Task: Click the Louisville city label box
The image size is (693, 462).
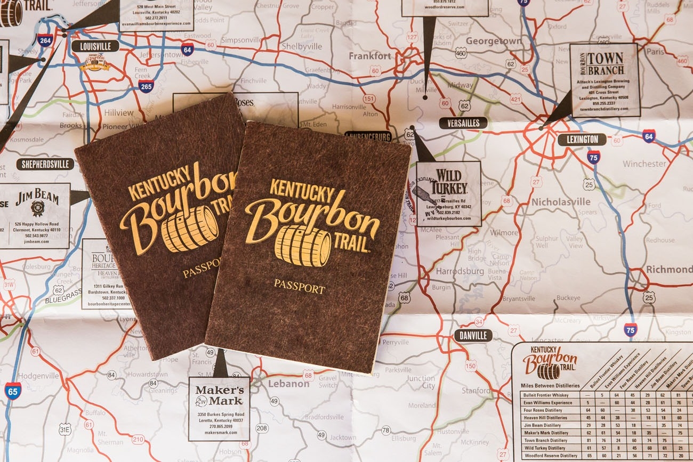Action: pyautogui.click(x=95, y=46)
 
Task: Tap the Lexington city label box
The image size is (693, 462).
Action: pyautogui.click(x=582, y=140)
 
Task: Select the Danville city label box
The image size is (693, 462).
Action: pyautogui.click(x=473, y=335)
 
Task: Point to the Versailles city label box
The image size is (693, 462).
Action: pyautogui.click(x=463, y=123)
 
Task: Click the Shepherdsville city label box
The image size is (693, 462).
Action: pyautogui.click(x=45, y=164)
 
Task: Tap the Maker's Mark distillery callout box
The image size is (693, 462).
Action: pyautogui.click(x=219, y=408)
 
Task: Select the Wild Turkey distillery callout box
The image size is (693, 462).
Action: pyautogui.click(x=448, y=193)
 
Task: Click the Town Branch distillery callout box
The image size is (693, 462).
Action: pyautogui.click(x=605, y=80)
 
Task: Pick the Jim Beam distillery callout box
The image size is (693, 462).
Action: pyautogui.click(x=35, y=216)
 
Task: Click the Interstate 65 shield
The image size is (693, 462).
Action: pyautogui.click(x=13, y=391)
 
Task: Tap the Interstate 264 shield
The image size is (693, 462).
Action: pyautogui.click(x=45, y=40)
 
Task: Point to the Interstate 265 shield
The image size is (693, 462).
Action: pyautogui.click(x=146, y=86)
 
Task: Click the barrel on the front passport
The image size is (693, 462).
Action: pyautogui.click(x=302, y=246)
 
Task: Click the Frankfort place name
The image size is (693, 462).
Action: pyautogui.click(x=370, y=56)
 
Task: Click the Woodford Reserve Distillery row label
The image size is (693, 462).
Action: pyautogui.click(x=551, y=456)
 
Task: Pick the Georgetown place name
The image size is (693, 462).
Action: pyautogui.click(x=494, y=41)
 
